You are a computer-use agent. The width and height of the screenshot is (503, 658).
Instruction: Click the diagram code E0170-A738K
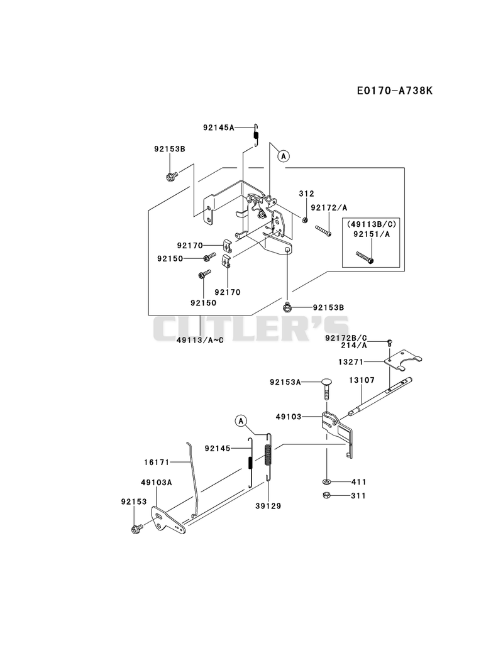pyautogui.click(x=394, y=90)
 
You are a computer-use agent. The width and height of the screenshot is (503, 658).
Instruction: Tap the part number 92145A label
pyautogui.click(x=218, y=128)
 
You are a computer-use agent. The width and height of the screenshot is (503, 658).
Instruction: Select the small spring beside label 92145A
pyautogui.click(x=256, y=135)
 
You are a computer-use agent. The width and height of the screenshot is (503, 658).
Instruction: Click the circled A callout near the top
pyautogui.click(x=284, y=156)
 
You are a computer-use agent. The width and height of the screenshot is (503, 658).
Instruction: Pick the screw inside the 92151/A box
pyautogui.click(x=365, y=257)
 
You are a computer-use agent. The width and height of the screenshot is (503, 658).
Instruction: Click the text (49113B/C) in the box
pyautogui.click(x=371, y=225)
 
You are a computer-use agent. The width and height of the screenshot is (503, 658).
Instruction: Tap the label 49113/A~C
pyautogui.click(x=200, y=340)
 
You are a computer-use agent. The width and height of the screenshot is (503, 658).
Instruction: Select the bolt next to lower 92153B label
pyautogui.click(x=287, y=307)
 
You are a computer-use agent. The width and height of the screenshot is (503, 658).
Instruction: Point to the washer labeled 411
pyautogui.click(x=327, y=481)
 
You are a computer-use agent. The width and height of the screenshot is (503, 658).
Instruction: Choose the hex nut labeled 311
pyautogui.click(x=326, y=496)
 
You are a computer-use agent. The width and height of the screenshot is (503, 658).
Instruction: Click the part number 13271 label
pyautogui.click(x=351, y=361)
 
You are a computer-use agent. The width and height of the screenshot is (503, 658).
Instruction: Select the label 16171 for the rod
pyautogui.click(x=157, y=463)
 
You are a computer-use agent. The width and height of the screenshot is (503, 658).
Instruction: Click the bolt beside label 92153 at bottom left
pyautogui.click(x=136, y=529)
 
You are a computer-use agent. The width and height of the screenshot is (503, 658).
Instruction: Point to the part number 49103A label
pyautogui.click(x=156, y=483)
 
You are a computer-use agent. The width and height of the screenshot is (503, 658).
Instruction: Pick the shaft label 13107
pyautogui.click(x=362, y=380)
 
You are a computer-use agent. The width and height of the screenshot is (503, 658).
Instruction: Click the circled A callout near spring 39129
pyautogui.click(x=241, y=420)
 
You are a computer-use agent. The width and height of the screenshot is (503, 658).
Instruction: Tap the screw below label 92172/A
pyautogui.click(x=323, y=231)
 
